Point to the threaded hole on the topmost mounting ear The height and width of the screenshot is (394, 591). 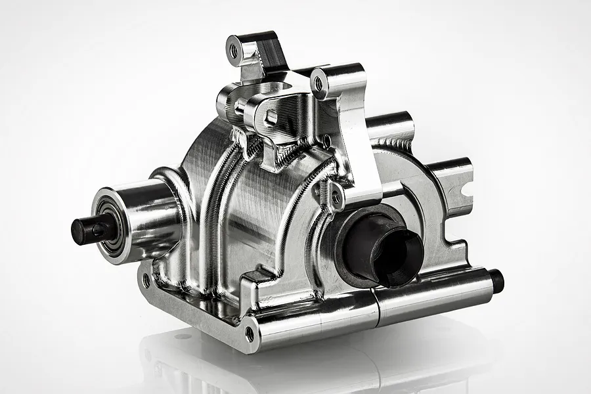pos(234,49)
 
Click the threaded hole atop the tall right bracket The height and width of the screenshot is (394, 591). pos(319,84)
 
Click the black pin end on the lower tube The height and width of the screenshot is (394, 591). pos(497,281)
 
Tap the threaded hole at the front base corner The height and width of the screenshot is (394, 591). pos(250,334)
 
